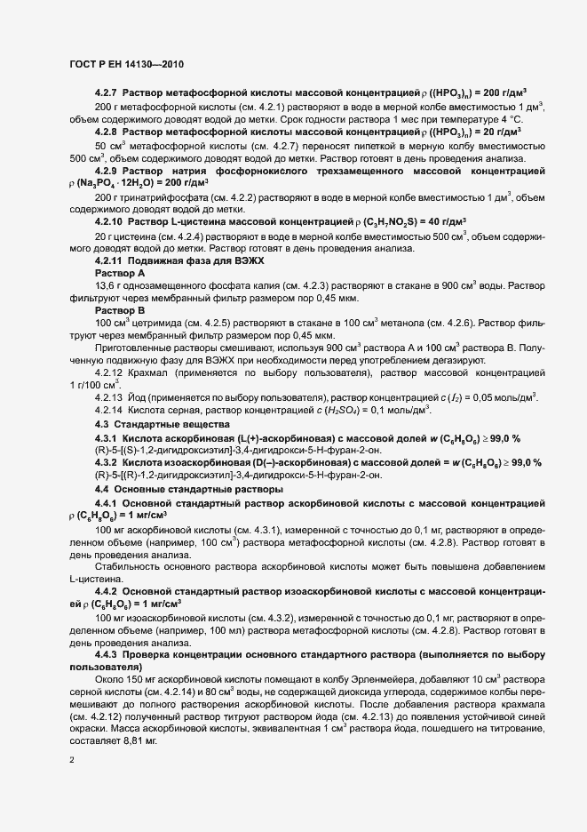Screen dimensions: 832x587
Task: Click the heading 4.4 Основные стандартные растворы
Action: (176, 490)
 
